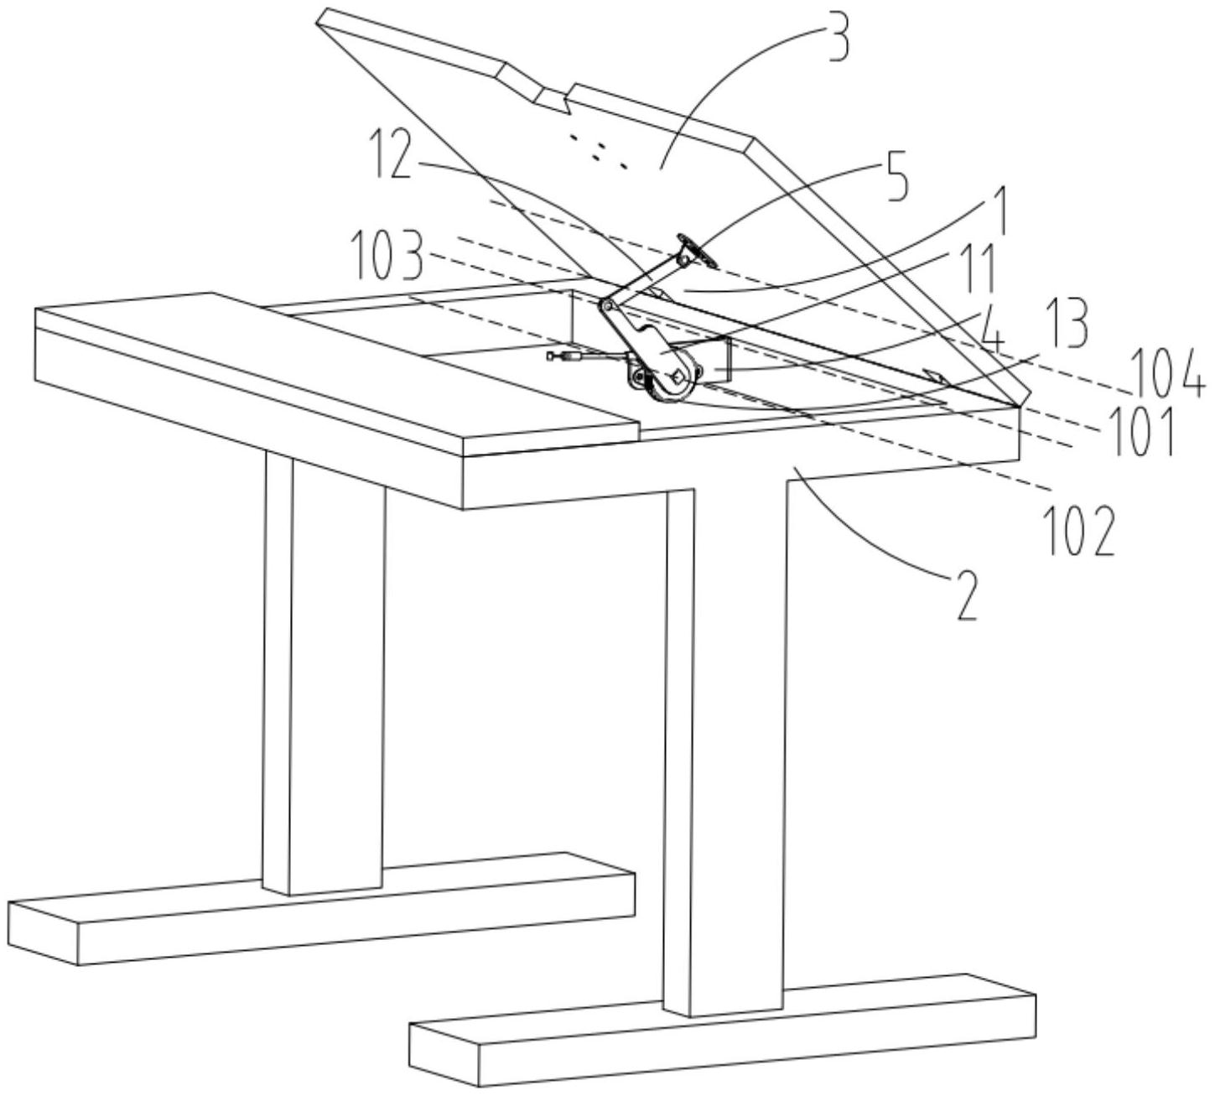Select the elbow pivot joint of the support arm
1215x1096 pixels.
(605, 305)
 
